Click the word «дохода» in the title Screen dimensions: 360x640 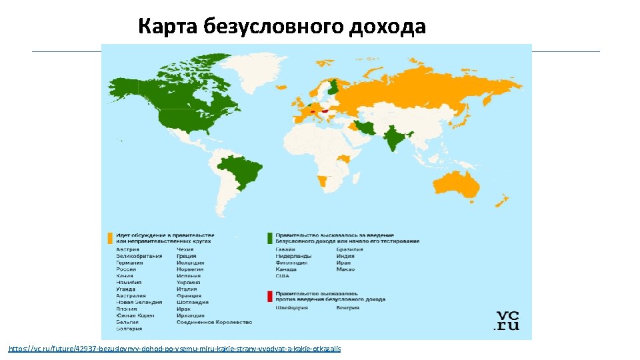click(387, 27)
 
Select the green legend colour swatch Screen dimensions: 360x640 click(270, 238)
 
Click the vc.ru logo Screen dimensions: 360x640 click(506, 321)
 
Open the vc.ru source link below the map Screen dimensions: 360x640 click(174, 349)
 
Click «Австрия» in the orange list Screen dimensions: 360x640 click(127, 249)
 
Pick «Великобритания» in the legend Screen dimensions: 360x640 click(139, 256)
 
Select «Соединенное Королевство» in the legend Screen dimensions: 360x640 click(214, 322)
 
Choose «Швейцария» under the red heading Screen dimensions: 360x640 click(291, 308)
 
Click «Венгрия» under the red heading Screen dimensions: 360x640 click(348, 308)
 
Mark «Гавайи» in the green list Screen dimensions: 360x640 click(287, 249)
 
